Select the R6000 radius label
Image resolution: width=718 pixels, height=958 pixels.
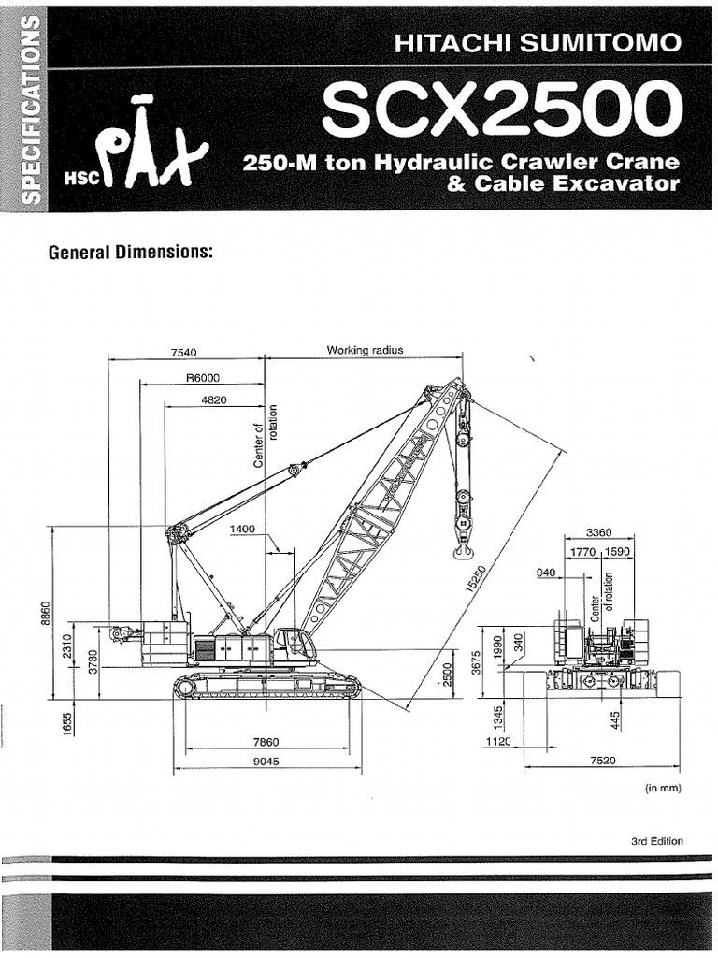click(202, 378)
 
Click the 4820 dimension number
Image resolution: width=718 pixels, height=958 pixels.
click(213, 399)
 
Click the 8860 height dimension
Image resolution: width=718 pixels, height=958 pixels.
click(43, 615)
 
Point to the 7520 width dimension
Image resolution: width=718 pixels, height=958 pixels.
click(603, 761)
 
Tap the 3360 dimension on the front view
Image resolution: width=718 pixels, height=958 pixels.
click(599, 532)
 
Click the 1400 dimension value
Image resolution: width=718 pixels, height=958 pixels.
click(242, 530)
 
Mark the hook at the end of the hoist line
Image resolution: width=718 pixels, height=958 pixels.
click(463, 552)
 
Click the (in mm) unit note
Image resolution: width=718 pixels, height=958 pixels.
click(663, 788)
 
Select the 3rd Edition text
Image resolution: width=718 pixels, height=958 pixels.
click(656, 841)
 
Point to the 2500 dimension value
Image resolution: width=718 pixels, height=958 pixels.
click(448, 674)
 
